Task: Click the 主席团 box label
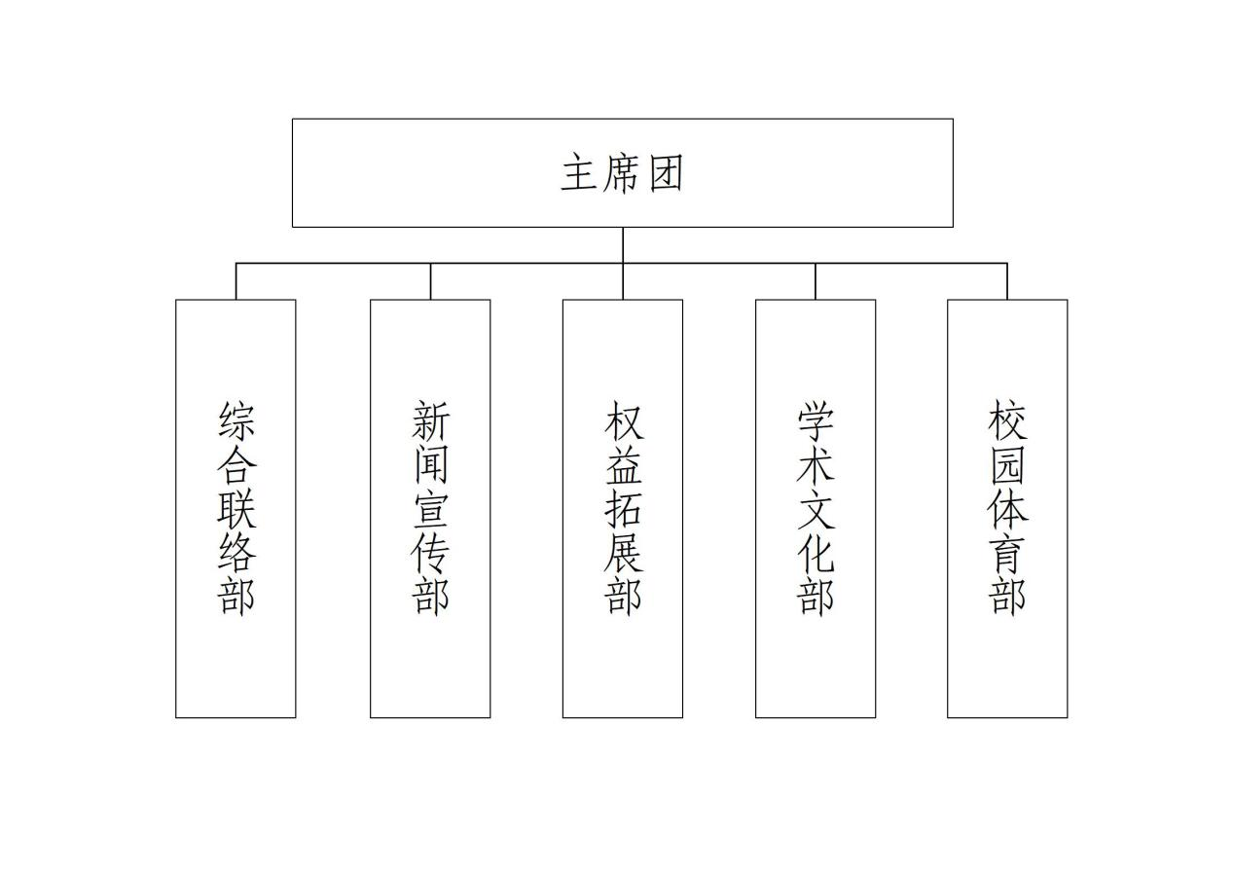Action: point(623,173)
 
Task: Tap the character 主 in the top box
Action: point(579,173)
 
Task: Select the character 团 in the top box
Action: point(666,173)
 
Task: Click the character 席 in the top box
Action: point(623,173)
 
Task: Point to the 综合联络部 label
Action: point(236,508)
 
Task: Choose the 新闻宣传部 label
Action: point(430,508)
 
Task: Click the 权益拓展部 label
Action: point(623,508)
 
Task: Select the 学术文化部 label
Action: point(816,508)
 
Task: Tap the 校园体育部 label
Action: point(1007,508)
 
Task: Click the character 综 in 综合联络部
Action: point(236,420)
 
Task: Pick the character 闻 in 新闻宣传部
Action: point(430,464)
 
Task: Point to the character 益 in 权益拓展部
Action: point(623,464)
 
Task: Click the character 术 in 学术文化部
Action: point(816,464)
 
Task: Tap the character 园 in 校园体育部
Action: point(1007,464)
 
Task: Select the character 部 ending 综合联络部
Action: point(236,596)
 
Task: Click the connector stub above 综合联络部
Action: point(236,281)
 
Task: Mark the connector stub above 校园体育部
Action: point(1007,281)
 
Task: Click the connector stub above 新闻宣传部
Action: point(430,281)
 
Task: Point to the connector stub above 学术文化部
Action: point(816,281)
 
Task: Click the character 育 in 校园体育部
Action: point(1007,552)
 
